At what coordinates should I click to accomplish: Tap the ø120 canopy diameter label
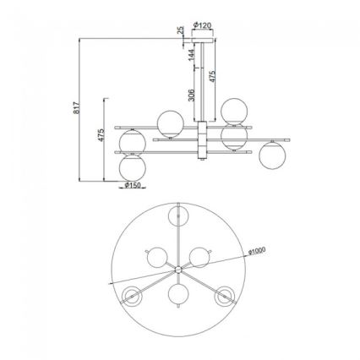[202, 26]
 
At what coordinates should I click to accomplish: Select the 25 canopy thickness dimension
[181, 31]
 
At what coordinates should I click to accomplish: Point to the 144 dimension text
[191, 57]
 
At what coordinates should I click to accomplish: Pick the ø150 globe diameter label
[132, 186]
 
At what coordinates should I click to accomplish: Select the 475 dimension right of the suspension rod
[213, 76]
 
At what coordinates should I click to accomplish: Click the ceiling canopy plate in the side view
[202, 39]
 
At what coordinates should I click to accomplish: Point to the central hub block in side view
[202, 139]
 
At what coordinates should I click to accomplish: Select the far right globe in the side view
[271, 155]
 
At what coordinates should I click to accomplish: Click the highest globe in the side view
[234, 109]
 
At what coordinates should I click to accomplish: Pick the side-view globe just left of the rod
[169, 123]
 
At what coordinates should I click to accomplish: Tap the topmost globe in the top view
[178, 216]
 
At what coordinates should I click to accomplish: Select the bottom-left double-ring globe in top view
[133, 295]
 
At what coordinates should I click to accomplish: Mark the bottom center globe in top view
[178, 295]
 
